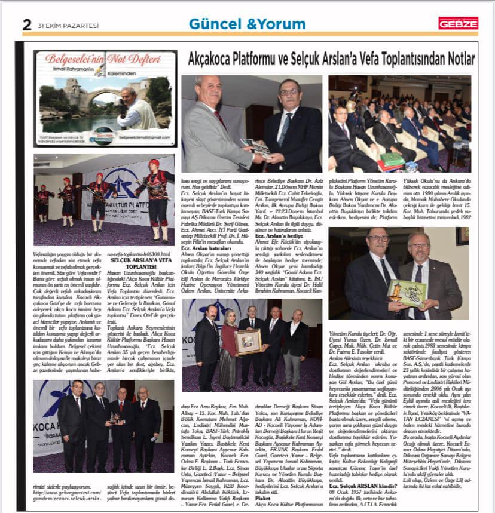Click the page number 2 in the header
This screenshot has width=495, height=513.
tap(27, 24)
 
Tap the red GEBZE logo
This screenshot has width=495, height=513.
tap(458, 23)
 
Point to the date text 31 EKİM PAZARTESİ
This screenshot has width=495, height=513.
tap(60, 26)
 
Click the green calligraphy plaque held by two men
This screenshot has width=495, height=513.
tap(407, 291)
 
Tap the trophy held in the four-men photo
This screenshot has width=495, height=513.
tap(112, 418)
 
